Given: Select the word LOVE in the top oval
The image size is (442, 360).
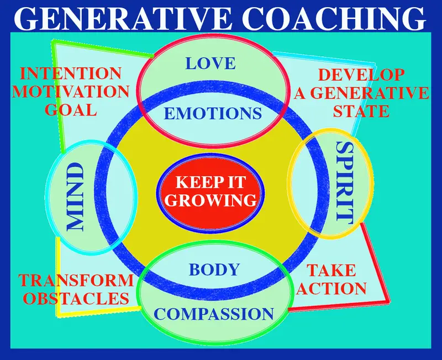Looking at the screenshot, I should point(211,63).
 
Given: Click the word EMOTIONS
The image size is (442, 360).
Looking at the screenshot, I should point(213,114).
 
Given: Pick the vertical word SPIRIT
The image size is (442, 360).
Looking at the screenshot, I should point(344,182).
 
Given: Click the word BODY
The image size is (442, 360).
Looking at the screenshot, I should point(214,270).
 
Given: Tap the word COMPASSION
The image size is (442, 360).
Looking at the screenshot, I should point(214,314).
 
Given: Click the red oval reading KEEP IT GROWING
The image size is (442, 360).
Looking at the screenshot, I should point(212,191).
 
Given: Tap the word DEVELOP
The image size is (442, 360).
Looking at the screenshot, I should point(362,75).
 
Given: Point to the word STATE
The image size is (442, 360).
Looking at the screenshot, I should point(362,111).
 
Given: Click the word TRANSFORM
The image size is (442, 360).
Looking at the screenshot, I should point(76,280).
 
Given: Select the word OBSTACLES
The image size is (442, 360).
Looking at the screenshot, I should point(74,299).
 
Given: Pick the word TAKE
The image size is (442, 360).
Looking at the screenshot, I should point(331,271).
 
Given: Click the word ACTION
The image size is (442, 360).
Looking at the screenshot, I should point(335,288).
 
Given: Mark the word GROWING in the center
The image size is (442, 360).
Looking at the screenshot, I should point(212,199).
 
